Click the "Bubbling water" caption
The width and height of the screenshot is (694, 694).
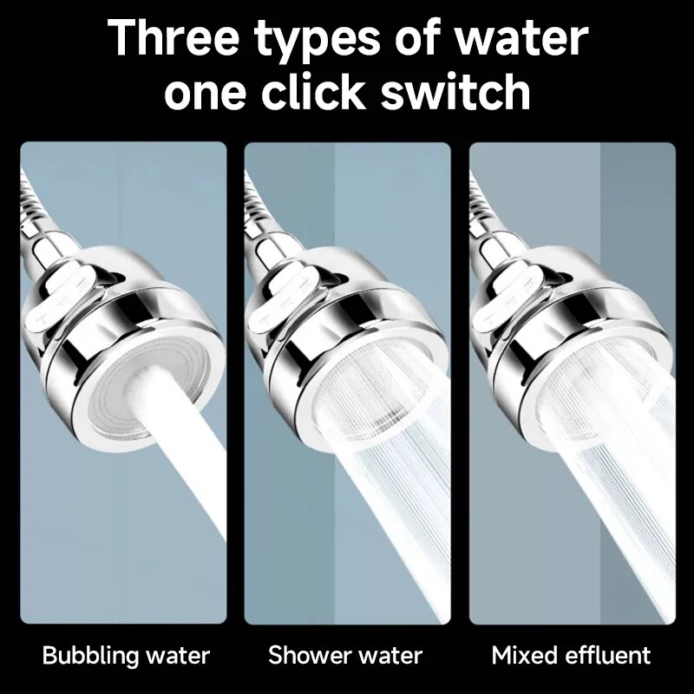[126, 655]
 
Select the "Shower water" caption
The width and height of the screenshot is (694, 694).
[345, 655]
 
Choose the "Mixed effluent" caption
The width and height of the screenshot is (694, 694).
[571, 655]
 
